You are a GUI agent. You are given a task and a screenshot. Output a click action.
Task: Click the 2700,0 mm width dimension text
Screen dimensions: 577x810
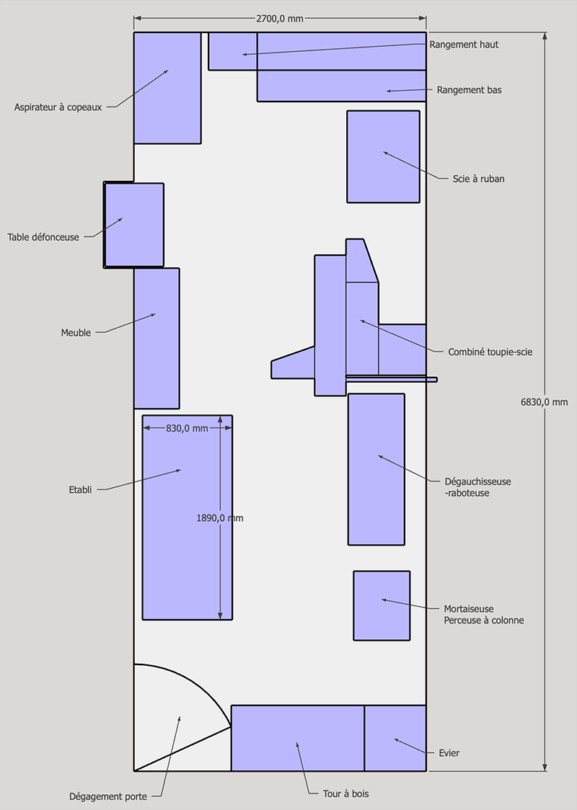point(280,19)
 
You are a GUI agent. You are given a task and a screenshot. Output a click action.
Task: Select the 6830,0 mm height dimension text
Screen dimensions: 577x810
point(544,402)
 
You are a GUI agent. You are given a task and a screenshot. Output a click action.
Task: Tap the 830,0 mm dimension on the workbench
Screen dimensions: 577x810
point(187,428)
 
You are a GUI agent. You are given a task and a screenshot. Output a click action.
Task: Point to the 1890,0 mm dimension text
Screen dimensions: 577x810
point(220,517)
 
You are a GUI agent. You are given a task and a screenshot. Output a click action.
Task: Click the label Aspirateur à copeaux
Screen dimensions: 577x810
point(58,107)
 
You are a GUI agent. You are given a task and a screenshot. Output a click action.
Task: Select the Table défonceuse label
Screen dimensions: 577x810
point(43,237)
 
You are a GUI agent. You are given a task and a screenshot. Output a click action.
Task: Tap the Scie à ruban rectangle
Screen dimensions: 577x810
point(383,156)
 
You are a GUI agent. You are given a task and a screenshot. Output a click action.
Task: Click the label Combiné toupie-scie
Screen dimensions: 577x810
point(490,352)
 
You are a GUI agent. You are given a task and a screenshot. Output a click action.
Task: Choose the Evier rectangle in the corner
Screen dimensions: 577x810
point(395,738)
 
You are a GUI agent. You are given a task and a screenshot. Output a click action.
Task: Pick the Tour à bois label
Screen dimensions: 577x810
point(346,793)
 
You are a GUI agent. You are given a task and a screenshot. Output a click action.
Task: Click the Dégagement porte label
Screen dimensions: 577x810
point(108,796)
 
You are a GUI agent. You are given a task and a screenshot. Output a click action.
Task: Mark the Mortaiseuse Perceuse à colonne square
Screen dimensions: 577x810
point(382,605)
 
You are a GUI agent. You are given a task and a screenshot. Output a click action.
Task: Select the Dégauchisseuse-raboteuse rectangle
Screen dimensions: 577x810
point(376,469)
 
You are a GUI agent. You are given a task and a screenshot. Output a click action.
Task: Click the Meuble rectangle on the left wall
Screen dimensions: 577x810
point(157,339)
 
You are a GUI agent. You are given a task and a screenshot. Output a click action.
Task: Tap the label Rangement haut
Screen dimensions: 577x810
point(464,45)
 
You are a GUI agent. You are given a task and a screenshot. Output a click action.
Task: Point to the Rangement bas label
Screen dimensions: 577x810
point(469,90)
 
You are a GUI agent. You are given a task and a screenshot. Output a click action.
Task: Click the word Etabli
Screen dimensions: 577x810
point(80,490)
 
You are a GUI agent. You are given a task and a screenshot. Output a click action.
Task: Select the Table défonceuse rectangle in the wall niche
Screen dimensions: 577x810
point(134,225)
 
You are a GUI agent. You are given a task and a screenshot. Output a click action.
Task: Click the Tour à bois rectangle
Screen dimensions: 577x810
point(298,738)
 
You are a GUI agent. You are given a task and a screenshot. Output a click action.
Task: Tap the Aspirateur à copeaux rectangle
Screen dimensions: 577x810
point(167,88)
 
